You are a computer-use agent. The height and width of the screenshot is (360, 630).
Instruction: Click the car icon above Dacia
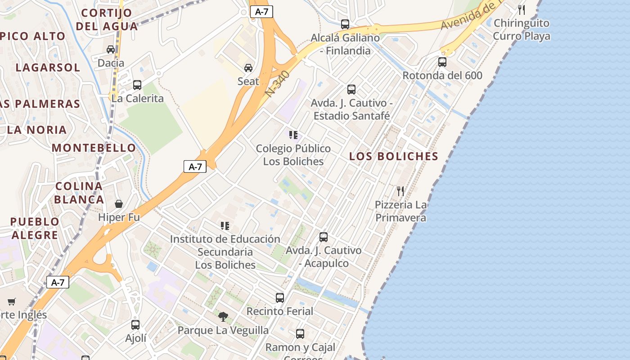point(111,49)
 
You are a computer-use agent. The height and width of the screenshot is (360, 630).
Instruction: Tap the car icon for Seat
point(248,68)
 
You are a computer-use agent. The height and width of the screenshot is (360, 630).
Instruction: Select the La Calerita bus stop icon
point(137,85)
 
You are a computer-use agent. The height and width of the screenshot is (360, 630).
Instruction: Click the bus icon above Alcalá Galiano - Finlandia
point(345,24)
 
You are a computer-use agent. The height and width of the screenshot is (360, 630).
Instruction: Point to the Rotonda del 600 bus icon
point(442,62)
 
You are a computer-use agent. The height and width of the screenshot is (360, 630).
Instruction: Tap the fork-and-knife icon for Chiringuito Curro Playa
point(522,9)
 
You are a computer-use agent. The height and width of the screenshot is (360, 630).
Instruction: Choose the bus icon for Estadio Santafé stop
point(351,90)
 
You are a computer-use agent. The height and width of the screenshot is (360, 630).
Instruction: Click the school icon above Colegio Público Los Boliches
point(293,135)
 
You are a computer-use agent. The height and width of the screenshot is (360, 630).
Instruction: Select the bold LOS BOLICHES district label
point(394,156)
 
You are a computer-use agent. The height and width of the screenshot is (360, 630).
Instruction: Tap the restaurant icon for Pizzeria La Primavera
point(400,191)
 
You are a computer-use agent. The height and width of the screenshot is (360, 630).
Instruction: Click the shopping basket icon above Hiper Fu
point(119,204)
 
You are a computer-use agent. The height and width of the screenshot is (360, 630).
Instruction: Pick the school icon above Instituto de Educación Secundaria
point(225,225)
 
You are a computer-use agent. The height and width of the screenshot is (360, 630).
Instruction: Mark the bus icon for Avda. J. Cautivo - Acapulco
point(324,237)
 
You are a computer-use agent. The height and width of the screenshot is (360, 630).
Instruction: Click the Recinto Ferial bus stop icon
point(280,297)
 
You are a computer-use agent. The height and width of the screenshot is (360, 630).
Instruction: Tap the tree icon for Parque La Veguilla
point(223,317)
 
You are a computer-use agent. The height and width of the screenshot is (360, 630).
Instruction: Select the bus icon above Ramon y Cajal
point(300,333)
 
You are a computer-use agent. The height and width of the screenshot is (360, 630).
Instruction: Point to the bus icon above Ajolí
point(135,324)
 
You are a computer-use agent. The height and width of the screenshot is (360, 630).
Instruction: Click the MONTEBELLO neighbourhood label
point(94,148)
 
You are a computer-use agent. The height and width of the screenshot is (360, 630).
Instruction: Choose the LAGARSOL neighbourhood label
point(48,67)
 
